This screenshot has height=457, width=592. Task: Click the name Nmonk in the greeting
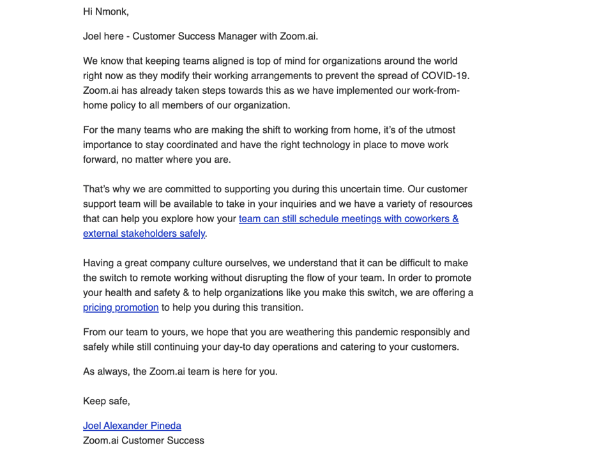(111, 11)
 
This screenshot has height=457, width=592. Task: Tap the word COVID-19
(434, 76)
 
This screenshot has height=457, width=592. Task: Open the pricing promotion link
(121, 308)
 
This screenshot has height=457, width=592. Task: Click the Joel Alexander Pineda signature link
(132, 426)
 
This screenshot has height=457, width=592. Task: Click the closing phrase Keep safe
(106, 401)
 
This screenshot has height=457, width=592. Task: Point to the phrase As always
(104, 371)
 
